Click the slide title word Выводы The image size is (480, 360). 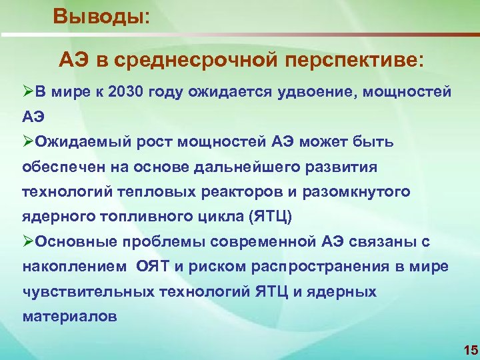point(100,15)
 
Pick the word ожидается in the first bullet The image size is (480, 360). point(229,91)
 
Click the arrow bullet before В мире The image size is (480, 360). point(28,91)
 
